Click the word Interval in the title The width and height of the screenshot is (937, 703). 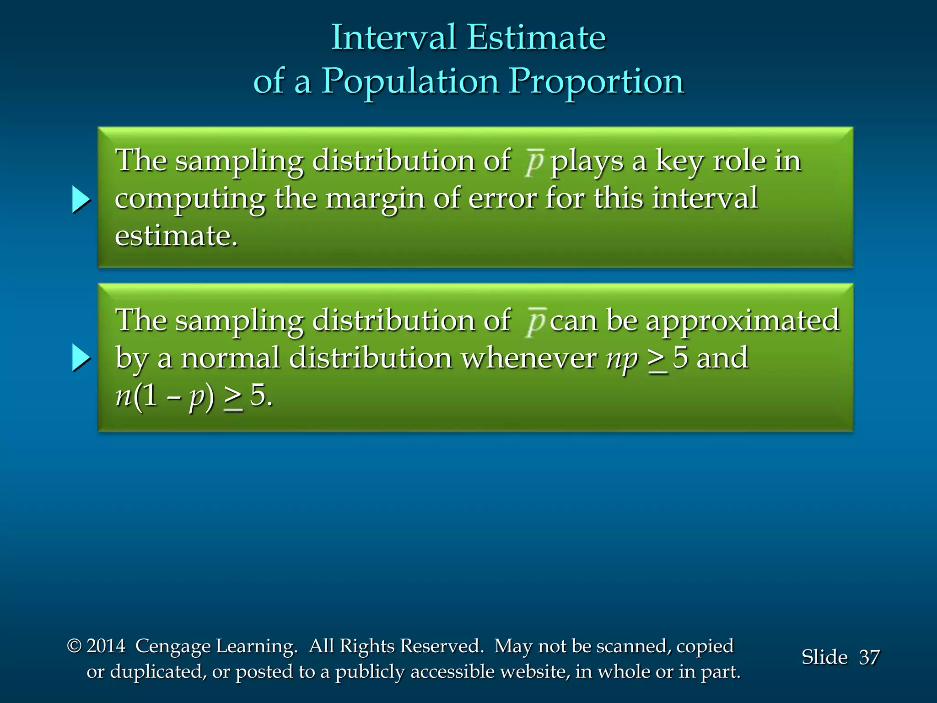point(394,38)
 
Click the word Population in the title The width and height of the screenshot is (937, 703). point(410,81)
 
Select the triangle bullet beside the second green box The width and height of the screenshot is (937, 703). point(81,358)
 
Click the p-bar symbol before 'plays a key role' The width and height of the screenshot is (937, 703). point(533,162)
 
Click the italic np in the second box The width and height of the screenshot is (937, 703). point(621,358)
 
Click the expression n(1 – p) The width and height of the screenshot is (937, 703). point(164,396)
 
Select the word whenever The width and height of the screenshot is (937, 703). point(528,358)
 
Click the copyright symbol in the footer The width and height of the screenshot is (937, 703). point(74,646)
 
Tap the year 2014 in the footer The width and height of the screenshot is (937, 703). point(106,646)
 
